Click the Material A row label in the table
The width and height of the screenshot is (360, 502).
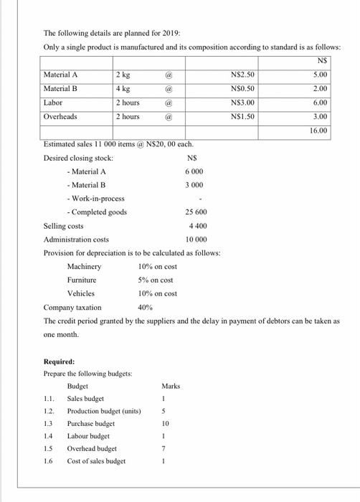click(x=61, y=74)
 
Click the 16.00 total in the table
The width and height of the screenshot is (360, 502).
click(x=320, y=131)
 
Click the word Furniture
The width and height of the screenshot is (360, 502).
click(x=82, y=280)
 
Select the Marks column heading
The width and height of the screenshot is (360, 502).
click(x=171, y=387)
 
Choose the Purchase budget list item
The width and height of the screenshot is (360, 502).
click(x=92, y=424)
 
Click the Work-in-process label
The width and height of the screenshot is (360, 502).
click(x=95, y=198)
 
